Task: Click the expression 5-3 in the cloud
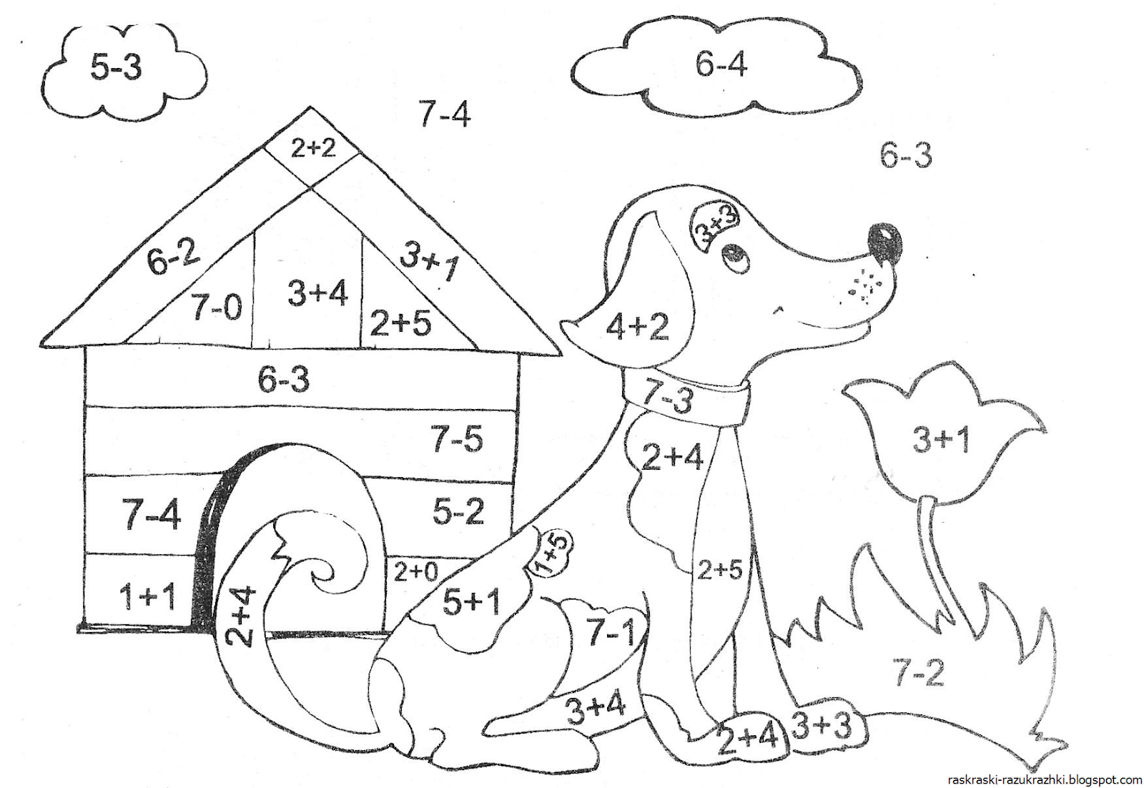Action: pos(116,67)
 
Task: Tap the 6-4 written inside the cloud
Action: pos(721,65)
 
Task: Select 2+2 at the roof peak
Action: pos(312,148)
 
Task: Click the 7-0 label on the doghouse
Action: pos(217,307)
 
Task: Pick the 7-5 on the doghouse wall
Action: pos(457,438)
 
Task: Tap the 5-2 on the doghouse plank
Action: pos(458,511)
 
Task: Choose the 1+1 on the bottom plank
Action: pos(148,596)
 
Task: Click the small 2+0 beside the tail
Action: pos(415,572)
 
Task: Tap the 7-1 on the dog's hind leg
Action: pos(610,633)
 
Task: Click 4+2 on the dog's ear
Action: pos(637,327)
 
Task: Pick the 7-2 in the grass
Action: pos(918,672)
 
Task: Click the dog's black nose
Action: pos(885,243)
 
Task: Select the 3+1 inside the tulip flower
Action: pos(941,439)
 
